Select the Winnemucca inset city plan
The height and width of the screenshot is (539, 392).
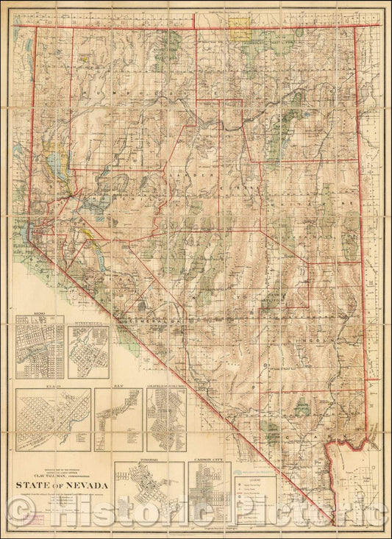pyautogui.click(x=88, y=352)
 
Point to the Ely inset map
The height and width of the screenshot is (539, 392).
pyautogui.click(x=117, y=420)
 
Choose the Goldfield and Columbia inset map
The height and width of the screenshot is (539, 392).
pyautogui.click(x=165, y=420)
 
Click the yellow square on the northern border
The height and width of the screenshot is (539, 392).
pyautogui.click(x=238, y=27)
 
